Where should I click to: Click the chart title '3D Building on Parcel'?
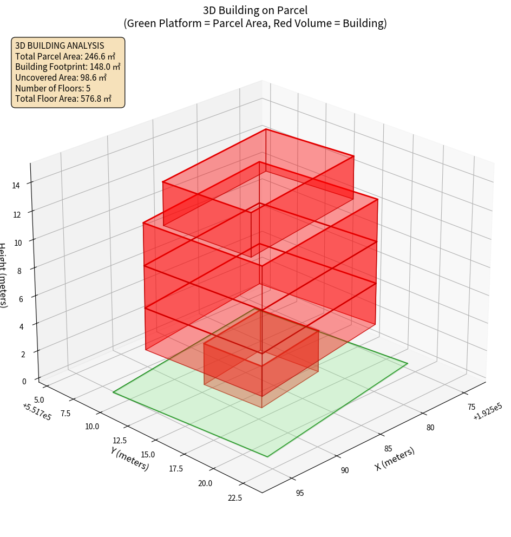click(255, 10)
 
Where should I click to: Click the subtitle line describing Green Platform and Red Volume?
click(255, 23)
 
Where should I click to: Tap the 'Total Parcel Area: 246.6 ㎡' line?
click(65, 56)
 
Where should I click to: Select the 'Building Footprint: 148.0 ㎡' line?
click(68, 67)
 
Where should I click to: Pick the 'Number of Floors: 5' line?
click(53, 88)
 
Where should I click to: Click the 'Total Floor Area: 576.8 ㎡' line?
click(63, 99)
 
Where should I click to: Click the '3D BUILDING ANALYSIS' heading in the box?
click(60, 45)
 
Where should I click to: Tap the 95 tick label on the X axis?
click(300, 493)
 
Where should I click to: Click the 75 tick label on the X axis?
click(471, 407)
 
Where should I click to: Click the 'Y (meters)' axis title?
click(130, 458)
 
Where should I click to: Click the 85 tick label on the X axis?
click(388, 449)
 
